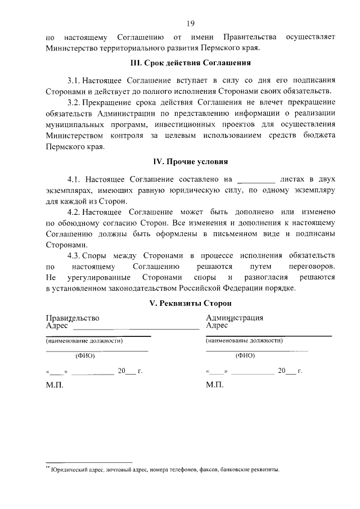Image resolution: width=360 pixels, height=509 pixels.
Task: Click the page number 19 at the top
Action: click(191, 23)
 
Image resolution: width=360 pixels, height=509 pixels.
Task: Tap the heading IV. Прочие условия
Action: click(191, 162)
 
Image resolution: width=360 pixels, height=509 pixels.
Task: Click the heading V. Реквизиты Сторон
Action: click(191, 303)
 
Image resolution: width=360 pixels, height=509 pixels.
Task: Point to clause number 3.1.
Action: click(74, 81)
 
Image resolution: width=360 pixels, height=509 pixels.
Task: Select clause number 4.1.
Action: click(75, 180)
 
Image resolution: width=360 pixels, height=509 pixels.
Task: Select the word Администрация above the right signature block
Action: click(235, 318)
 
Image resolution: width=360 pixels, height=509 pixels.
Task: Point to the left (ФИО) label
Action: click(85, 355)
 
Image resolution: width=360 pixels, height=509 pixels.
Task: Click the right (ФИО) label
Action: click(245, 355)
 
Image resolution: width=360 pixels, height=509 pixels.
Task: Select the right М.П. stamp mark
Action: click(215, 386)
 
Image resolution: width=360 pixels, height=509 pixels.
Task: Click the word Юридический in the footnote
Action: click(70, 469)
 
